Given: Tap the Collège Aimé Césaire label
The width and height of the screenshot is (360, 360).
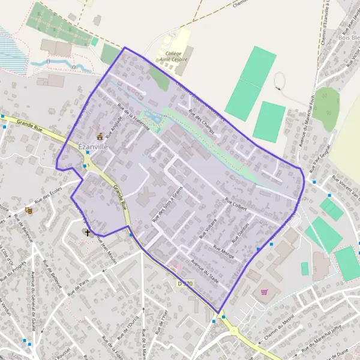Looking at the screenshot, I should click(173, 56).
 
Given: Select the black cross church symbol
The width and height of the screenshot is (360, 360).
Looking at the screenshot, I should click(88, 232).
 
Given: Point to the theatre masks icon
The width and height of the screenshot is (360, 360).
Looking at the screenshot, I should click(28, 211).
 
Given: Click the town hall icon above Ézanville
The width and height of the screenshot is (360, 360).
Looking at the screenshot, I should click(100, 136).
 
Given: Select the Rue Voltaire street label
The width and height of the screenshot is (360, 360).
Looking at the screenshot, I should click(207, 229).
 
